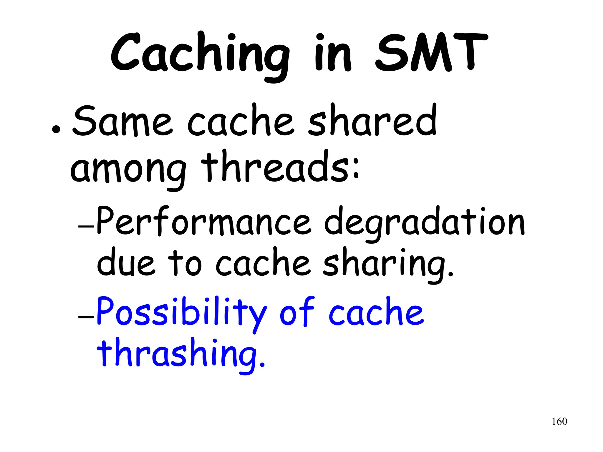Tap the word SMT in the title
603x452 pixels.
pyautogui.click(x=431, y=53)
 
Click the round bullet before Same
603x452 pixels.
pyautogui.click(x=56, y=129)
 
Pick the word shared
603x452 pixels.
pyautogui.click(x=372, y=121)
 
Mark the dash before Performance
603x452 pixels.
pyautogui.click(x=86, y=227)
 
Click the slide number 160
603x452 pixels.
pyautogui.click(x=559, y=421)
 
